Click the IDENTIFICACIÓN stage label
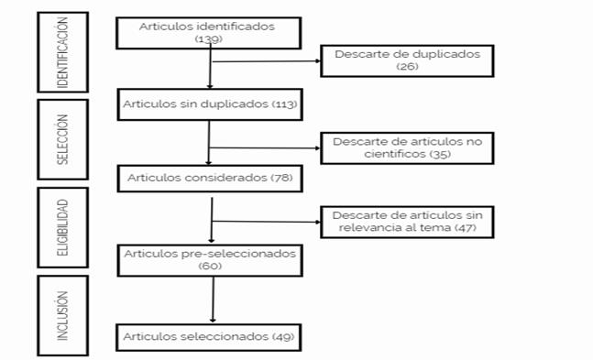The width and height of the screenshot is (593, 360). pyautogui.click(x=62, y=52)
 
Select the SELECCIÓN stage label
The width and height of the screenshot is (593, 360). pyautogui.click(x=62, y=139)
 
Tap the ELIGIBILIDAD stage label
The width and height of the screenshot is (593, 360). pyautogui.click(x=62, y=228)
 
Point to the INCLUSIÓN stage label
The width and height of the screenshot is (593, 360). pyautogui.click(x=62, y=316)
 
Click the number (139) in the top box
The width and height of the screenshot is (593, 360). pyautogui.click(x=209, y=39)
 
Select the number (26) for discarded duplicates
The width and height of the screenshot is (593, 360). pyautogui.click(x=407, y=67)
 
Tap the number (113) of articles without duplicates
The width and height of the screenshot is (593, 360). pyautogui.click(x=285, y=104)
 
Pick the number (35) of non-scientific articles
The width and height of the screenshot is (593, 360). pyautogui.click(x=440, y=154)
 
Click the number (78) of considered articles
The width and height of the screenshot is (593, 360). pyautogui.click(x=281, y=178)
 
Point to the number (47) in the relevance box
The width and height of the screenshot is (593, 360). pyautogui.click(x=465, y=228)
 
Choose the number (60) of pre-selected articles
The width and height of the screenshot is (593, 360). pyautogui.click(x=210, y=266)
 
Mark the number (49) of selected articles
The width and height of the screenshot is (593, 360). pyautogui.click(x=283, y=336)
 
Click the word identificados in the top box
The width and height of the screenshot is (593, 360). pyautogui.click(x=236, y=27)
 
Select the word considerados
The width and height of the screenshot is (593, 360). pyautogui.click(x=231, y=178)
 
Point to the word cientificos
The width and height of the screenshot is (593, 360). pyautogui.click(x=395, y=154)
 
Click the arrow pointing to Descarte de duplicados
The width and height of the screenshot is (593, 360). pyautogui.click(x=267, y=60)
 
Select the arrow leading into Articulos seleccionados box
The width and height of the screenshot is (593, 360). pyautogui.click(x=213, y=300)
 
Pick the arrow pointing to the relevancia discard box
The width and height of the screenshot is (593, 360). pyautogui.click(x=267, y=222)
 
